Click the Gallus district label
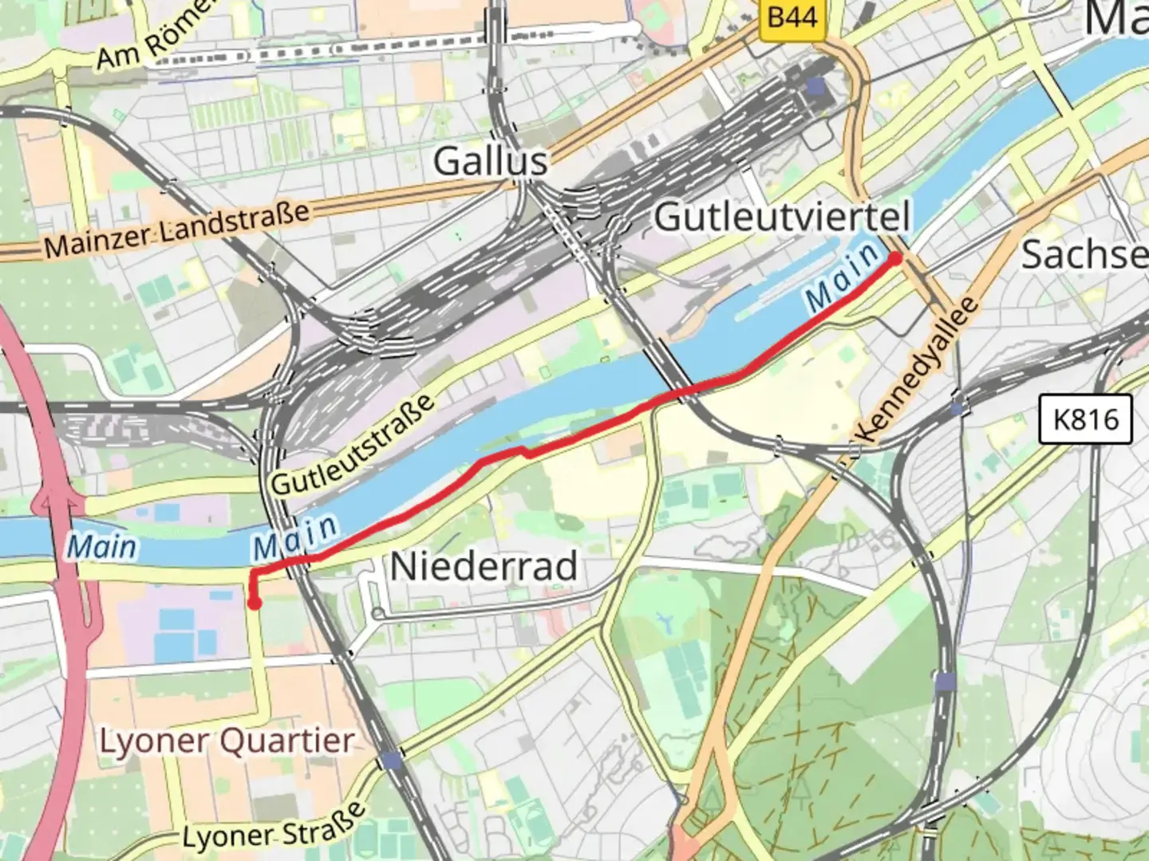490,162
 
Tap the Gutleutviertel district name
782,217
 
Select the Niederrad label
484,567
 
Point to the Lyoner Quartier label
226,741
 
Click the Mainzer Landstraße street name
176,230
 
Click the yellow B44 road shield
792,16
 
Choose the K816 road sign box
1085,419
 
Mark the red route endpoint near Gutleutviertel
895,258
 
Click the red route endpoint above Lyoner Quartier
254,603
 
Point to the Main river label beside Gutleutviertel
842,278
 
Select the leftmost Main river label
101,547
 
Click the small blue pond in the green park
662,618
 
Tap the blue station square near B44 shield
815,85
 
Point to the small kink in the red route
525,452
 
